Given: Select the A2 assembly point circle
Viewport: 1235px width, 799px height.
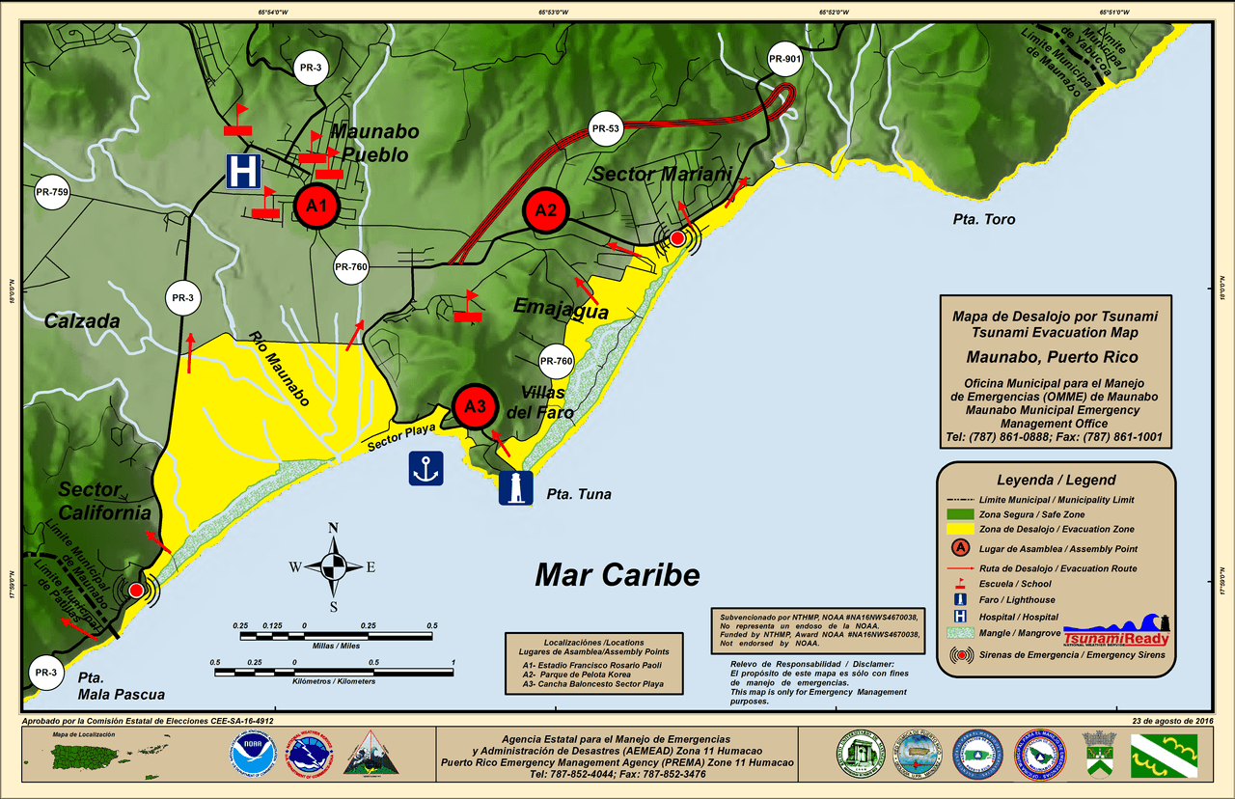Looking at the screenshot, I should coord(546,210).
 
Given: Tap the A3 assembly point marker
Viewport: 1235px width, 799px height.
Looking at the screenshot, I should coord(475,406).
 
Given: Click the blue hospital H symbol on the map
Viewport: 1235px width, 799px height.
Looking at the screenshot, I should coord(243,171).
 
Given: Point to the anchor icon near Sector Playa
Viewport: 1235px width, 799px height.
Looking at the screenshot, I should coord(425,468).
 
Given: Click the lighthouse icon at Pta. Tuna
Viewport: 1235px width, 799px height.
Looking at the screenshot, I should coord(516,487).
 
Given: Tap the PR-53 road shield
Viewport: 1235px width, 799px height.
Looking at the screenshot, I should coord(605,128).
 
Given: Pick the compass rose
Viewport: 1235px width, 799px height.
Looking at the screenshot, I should coord(333,566).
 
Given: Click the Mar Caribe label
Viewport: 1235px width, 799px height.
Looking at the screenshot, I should coord(617,575).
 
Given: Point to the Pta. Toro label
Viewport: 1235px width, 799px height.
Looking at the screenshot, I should coord(983,220).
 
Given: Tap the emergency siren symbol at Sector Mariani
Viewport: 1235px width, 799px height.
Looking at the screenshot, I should coord(677,237).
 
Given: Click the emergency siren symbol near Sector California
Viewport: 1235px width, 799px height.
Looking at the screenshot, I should coord(136,590).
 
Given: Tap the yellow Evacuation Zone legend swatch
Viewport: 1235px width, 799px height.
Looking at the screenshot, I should coord(972,529).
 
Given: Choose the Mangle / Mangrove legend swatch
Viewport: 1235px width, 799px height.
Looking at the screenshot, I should coord(972,634).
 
